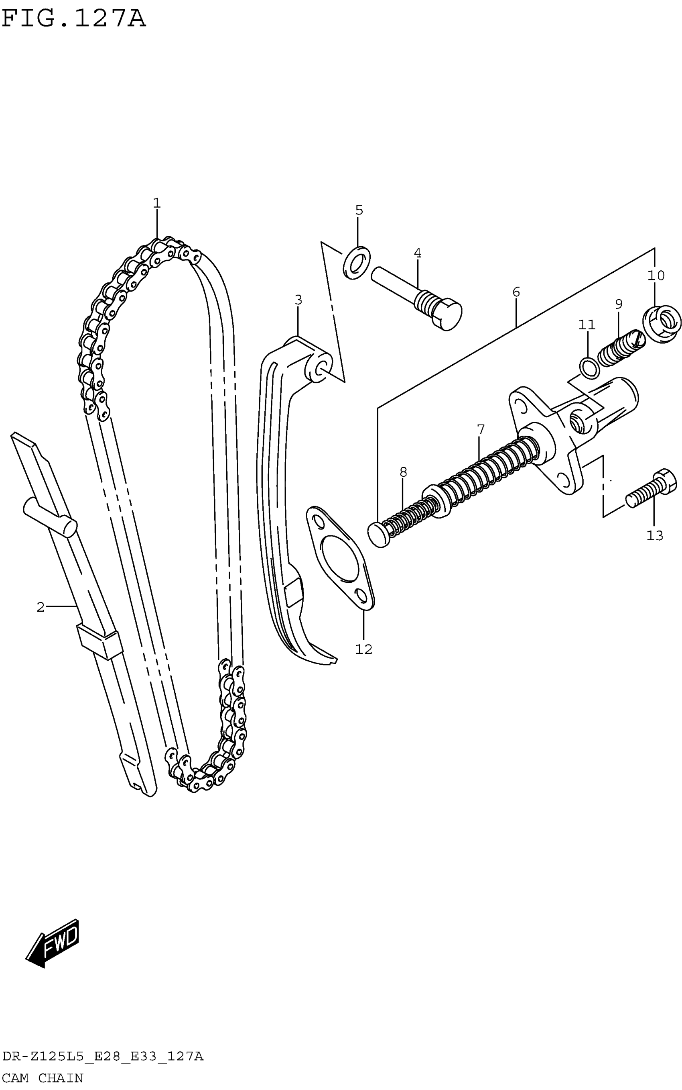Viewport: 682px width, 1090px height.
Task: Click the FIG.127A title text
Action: coord(74,19)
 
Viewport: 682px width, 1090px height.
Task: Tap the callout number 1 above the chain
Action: coord(156,203)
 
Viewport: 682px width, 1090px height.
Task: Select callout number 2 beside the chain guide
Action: coord(41,607)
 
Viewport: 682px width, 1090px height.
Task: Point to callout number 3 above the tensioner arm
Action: coord(298,300)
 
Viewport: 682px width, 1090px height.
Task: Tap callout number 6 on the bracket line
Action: coord(516,292)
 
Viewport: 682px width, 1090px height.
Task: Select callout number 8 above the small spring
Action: coord(403,472)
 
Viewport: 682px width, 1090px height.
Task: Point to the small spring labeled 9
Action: coord(620,348)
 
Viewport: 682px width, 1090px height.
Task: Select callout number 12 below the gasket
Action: coord(363,649)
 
